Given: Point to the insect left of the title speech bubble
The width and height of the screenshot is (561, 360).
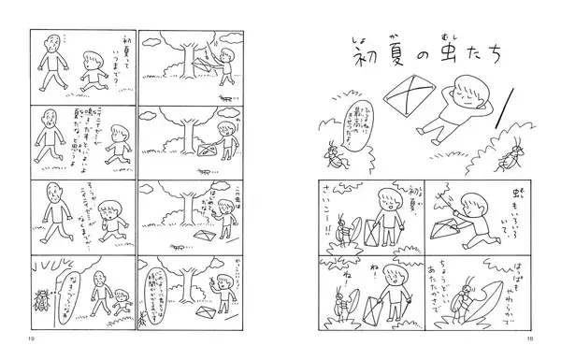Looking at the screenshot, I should click(x=333, y=151).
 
